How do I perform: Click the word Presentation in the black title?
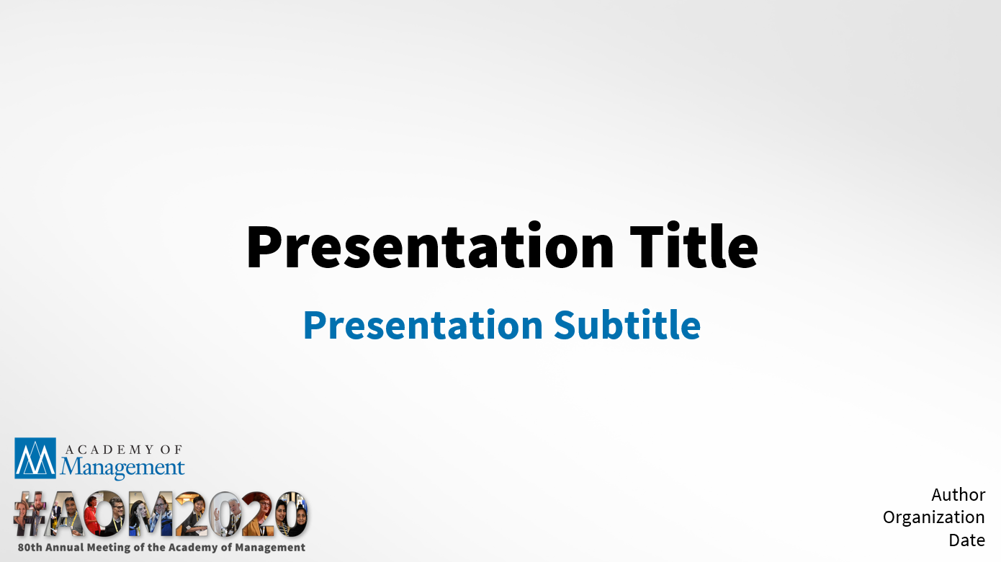coord(430,247)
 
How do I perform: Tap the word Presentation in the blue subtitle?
coord(423,326)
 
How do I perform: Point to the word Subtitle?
coord(627,325)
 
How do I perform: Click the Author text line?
coord(958,495)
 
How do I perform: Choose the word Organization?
coord(933,518)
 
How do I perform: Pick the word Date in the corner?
coord(967,540)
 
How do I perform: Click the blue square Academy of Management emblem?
coord(35,458)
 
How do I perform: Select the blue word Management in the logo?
coord(122,467)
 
